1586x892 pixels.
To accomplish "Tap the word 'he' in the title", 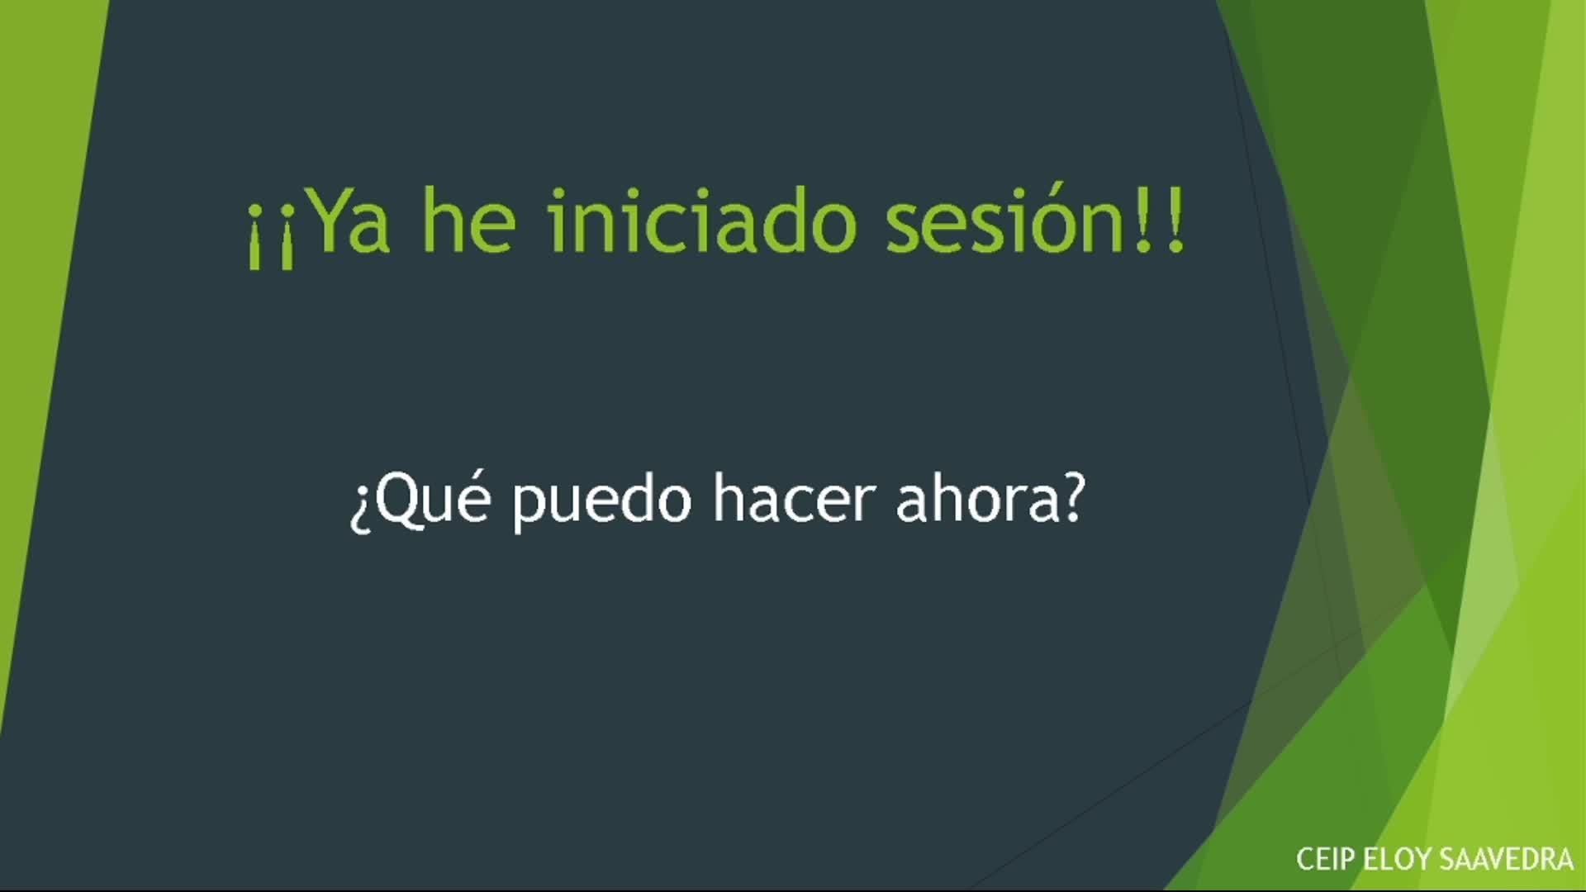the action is (x=469, y=218).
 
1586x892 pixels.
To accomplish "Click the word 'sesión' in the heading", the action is (x=1004, y=219).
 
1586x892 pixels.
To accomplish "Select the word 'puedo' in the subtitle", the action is (x=601, y=503).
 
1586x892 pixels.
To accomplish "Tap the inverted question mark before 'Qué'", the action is (x=360, y=509).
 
